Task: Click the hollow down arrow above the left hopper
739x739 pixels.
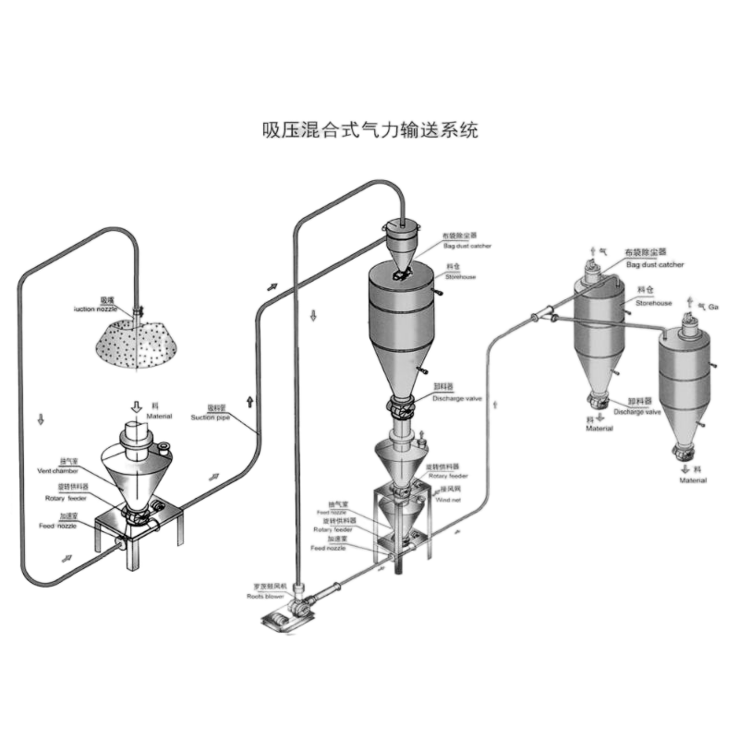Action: [137, 406]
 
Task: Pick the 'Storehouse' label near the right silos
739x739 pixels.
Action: [654, 302]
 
